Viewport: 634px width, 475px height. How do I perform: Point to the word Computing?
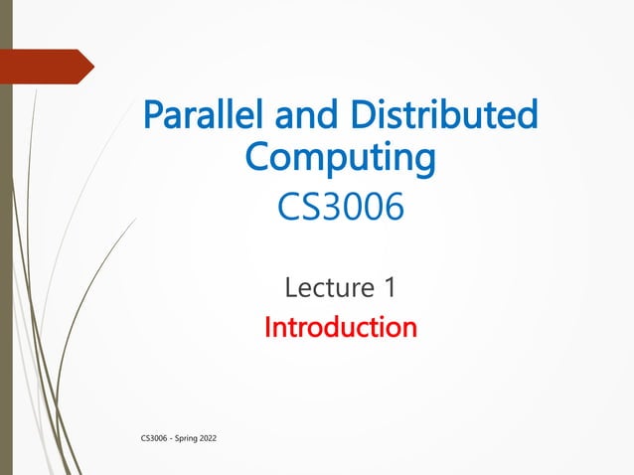[340, 158]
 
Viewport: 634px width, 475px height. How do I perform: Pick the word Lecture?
[326, 288]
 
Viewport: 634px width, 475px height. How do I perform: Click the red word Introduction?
[340, 327]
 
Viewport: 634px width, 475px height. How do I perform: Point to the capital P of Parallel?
[154, 116]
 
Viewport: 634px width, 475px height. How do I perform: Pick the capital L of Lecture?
[291, 288]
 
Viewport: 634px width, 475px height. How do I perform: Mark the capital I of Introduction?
[267, 327]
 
